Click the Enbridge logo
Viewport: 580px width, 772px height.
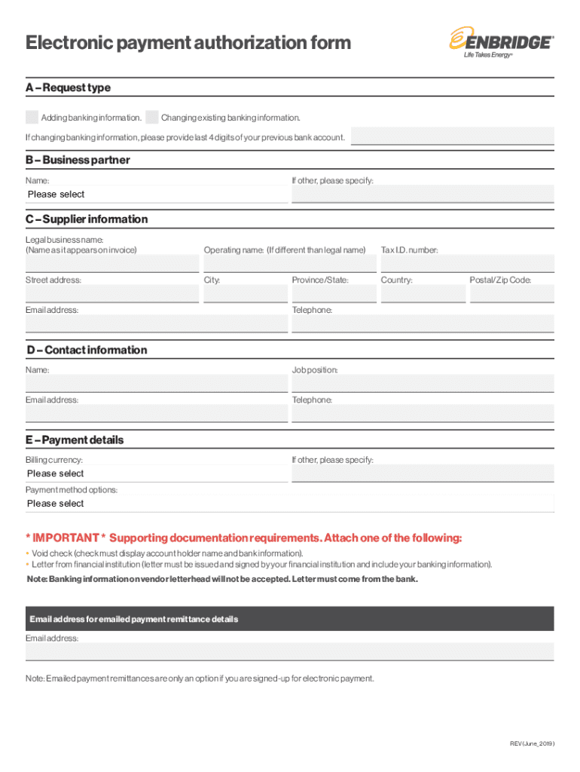point(501,44)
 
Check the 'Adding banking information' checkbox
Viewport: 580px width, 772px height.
point(32,118)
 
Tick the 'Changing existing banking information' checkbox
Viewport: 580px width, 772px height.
point(152,118)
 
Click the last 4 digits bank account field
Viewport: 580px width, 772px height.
point(452,136)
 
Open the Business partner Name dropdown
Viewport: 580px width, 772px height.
point(156,195)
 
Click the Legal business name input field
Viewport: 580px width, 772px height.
point(111,264)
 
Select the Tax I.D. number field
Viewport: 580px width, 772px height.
point(467,264)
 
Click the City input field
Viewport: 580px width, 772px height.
point(245,294)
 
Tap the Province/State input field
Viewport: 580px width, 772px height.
point(333,294)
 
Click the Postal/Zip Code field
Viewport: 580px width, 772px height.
point(511,294)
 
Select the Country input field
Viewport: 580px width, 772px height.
point(423,294)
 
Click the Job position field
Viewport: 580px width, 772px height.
point(422,384)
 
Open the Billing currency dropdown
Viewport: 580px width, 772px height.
point(156,473)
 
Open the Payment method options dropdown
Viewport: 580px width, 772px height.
point(289,504)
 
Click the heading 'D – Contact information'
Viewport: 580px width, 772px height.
point(87,350)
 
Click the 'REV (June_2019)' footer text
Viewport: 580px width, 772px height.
point(532,744)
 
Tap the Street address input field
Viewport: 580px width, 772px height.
point(111,294)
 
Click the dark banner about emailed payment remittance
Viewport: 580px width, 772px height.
point(289,619)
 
